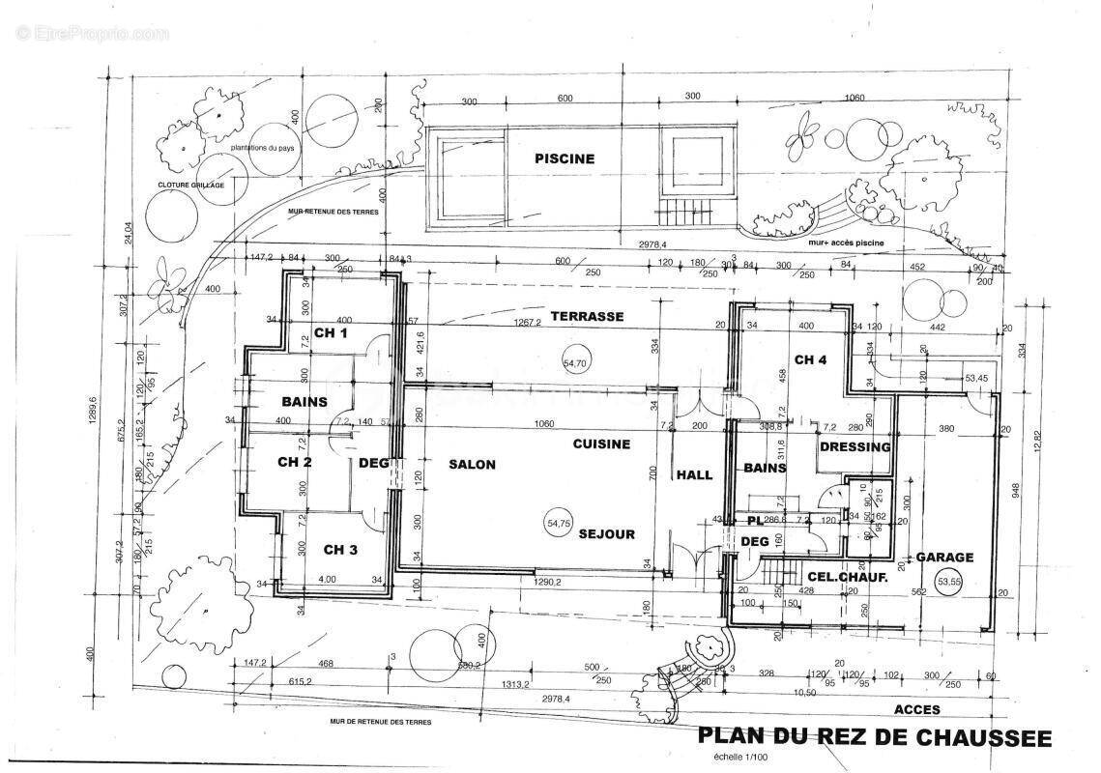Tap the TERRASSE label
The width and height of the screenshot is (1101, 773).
point(587,317)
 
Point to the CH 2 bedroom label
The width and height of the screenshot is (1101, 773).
point(294,462)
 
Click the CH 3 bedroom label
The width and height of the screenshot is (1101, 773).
point(340,550)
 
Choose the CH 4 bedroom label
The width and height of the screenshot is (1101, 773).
point(810,360)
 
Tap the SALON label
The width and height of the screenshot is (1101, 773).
point(472,465)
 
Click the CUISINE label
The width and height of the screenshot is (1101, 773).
point(601,444)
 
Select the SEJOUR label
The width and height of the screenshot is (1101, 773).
point(607,534)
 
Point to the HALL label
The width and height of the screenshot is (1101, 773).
point(694,475)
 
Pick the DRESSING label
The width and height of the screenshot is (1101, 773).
point(855,447)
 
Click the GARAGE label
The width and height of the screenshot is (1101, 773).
point(944,558)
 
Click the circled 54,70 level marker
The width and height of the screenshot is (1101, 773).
point(575,363)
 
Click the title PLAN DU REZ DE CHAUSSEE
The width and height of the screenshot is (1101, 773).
point(874,738)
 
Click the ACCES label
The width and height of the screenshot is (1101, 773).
point(916,709)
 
